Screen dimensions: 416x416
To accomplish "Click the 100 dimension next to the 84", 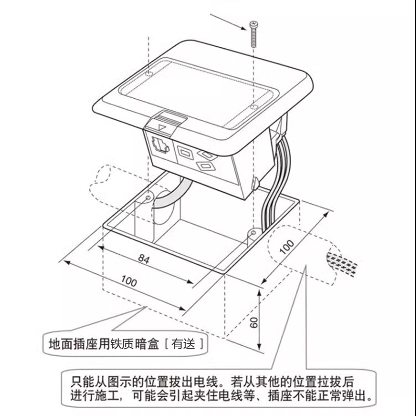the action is [128, 281].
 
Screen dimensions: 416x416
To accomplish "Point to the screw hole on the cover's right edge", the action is [253, 107].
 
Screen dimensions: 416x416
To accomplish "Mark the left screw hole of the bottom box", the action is [149, 198].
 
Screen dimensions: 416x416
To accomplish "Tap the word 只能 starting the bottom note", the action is [80, 381].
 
